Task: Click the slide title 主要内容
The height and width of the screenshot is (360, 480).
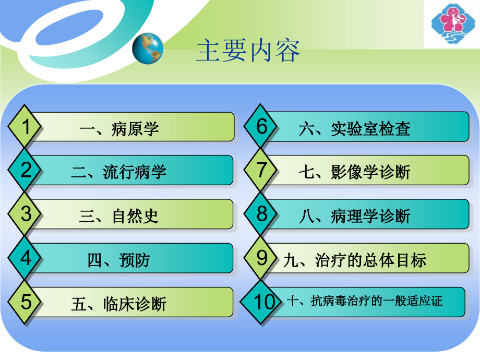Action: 248,52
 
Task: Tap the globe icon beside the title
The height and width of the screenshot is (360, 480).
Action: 148,49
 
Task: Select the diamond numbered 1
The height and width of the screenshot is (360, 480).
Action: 25,127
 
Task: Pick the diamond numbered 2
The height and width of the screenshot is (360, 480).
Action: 25,171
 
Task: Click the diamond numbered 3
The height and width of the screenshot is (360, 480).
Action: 25,214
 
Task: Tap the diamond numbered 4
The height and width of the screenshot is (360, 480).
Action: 25,258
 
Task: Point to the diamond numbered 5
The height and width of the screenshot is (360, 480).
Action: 25,302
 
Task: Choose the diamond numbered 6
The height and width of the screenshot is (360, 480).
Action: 262,127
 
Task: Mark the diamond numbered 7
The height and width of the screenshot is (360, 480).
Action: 262,171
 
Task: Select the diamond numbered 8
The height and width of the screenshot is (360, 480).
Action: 262,214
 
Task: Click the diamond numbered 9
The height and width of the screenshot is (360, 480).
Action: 262,258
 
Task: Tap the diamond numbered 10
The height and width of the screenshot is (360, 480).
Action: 262,302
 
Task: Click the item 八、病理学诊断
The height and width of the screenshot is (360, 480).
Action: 355,216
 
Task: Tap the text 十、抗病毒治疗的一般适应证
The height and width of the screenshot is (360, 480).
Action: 364,301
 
